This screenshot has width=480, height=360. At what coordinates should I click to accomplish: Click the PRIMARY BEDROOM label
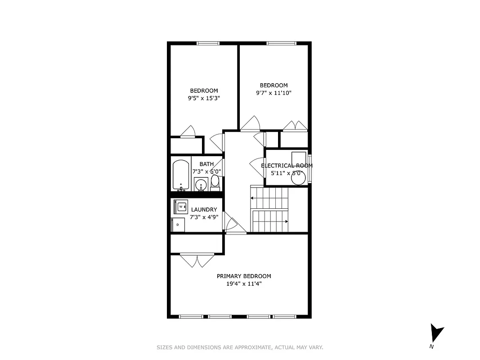click(244, 276)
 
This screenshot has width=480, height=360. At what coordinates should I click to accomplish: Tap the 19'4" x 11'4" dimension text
click(244, 284)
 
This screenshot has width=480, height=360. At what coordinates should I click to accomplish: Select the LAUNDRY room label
click(204, 210)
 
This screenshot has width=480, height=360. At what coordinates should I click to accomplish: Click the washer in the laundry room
click(181, 207)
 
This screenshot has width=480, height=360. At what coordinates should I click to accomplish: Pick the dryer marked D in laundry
click(179, 224)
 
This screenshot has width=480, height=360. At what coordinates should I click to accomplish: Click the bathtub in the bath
click(181, 175)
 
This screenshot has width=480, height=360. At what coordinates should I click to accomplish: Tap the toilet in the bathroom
click(215, 182)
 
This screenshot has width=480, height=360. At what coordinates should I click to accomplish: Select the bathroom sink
click(201, 184)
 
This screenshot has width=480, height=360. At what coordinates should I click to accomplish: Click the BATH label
click(206, 164)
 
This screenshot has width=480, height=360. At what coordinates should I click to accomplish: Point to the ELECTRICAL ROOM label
click(287, 166)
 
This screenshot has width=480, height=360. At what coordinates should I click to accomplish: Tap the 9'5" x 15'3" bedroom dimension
click(204, 98)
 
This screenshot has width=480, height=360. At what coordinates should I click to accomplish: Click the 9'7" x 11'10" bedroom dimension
click(274, 93)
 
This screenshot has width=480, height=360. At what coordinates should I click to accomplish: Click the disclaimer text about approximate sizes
click(240, 347)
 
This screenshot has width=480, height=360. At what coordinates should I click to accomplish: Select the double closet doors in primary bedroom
click(197, 261)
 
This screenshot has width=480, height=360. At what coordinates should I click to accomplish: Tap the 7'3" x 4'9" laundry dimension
click(204, 217)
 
